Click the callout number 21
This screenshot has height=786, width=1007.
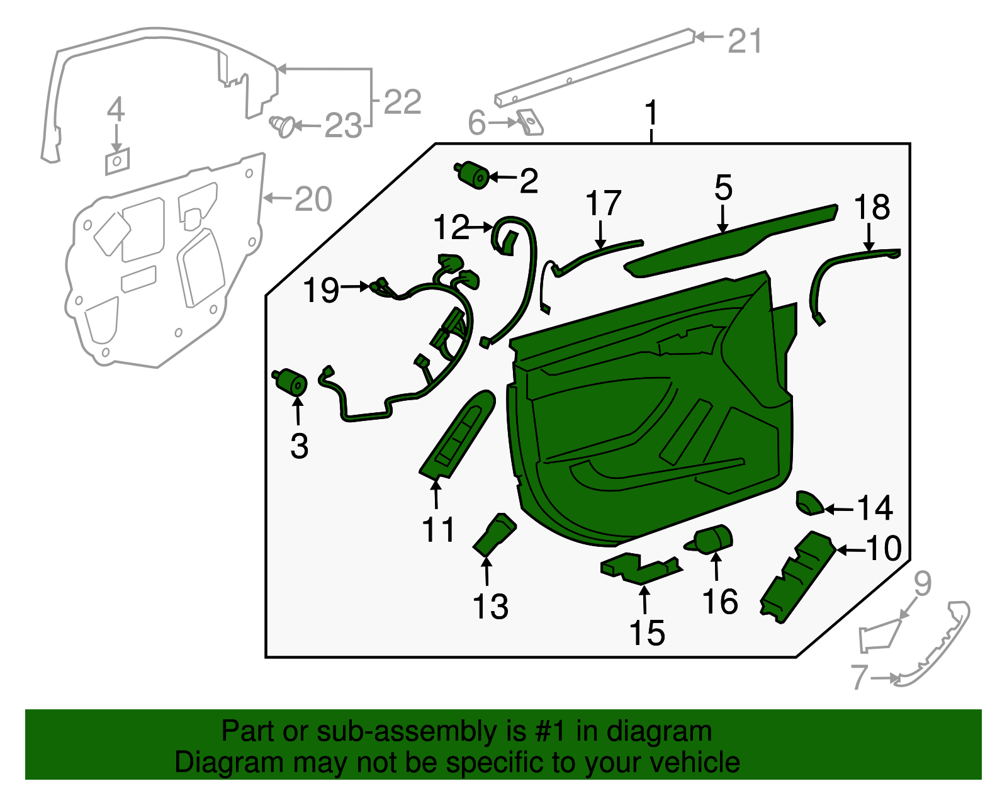(x=745, y=42)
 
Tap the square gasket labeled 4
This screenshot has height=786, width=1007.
(x=117, y=161)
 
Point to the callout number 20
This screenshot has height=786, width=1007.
(x=313, y=199)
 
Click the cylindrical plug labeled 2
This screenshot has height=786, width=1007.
(x=474, y=175)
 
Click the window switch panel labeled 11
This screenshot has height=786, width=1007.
(x=458, y=435)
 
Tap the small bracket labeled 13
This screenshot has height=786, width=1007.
(x=495, y=536)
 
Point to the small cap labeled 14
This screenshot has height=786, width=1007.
(x=809, y=503)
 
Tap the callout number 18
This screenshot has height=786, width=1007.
(x=872, y=208)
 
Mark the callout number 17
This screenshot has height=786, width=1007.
(x=603, y=204)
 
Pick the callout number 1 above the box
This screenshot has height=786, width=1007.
(x=651, y=114)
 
